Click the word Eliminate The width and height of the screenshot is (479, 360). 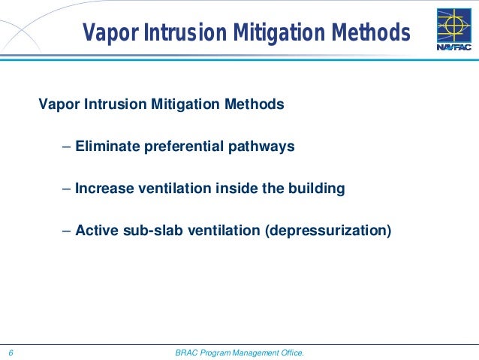click(x=106, y=147)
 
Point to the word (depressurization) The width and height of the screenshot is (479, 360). click(x=327, y=231)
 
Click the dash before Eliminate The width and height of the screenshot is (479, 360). click(x=67, y=147)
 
